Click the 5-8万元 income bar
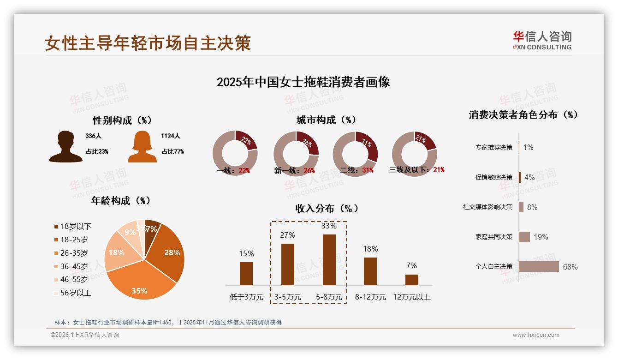[x=329, y=260]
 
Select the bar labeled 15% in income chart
[x=246, y=274]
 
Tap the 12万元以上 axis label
[x=412, y=297]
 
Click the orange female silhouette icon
[x=142, y=147]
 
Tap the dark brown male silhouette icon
[x=65, y=147]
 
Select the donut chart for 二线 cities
[x=355, y=154]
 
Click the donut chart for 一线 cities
[x=235, y=154]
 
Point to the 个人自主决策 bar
[x=539, y=267]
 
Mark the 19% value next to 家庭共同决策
[x=541, y=237]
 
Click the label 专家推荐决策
[x=493, y=147]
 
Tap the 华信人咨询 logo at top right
[x=542, y=40]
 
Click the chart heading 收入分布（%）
[x=327, y=208]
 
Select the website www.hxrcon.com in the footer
[x=536, y=335]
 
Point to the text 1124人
[x=171, y=136]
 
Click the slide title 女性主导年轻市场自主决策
[x=148, y=43]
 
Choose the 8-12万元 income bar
[x=370, y=271]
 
